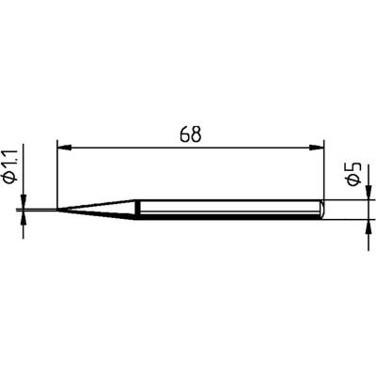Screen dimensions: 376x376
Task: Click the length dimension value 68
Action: click(x=189, y=134)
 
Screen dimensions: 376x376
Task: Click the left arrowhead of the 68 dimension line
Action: click(x=64, y=146)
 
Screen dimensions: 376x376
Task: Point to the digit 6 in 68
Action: click(x=182, y=134)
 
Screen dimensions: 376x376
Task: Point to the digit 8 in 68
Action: click(x=196, y=134)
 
